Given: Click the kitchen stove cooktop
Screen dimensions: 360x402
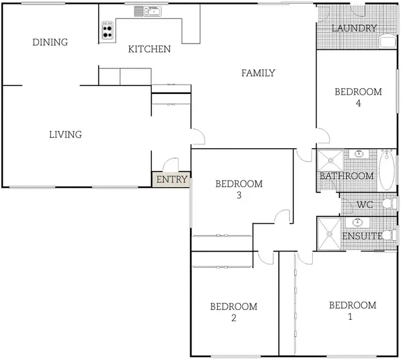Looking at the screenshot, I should pos(108,30).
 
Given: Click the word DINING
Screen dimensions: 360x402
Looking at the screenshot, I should pos(50,42).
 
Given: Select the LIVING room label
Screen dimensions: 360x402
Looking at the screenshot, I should pos(65,134).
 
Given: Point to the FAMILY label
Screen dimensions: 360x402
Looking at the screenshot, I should pos(258,73).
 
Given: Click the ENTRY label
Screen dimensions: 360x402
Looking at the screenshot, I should pos(172,179).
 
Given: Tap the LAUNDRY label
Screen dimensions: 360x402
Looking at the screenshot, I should pos(354,28).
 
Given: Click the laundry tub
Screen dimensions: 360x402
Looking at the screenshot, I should pos(386,42).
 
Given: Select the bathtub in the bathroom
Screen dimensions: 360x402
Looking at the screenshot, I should pos(387,170).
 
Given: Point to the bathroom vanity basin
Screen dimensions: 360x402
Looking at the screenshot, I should pos(359,154).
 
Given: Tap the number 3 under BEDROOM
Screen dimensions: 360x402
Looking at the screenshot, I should pos(239,195).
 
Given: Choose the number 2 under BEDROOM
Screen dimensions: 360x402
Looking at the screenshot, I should pos(233,318).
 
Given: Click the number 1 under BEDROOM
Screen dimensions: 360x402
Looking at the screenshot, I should pos(351,317).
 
